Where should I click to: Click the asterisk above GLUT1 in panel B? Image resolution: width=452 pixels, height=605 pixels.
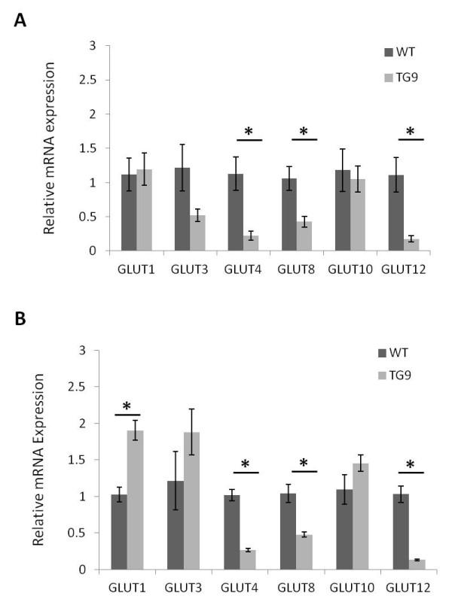(127, 406)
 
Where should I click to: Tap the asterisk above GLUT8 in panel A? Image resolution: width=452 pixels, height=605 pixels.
(304, 132)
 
